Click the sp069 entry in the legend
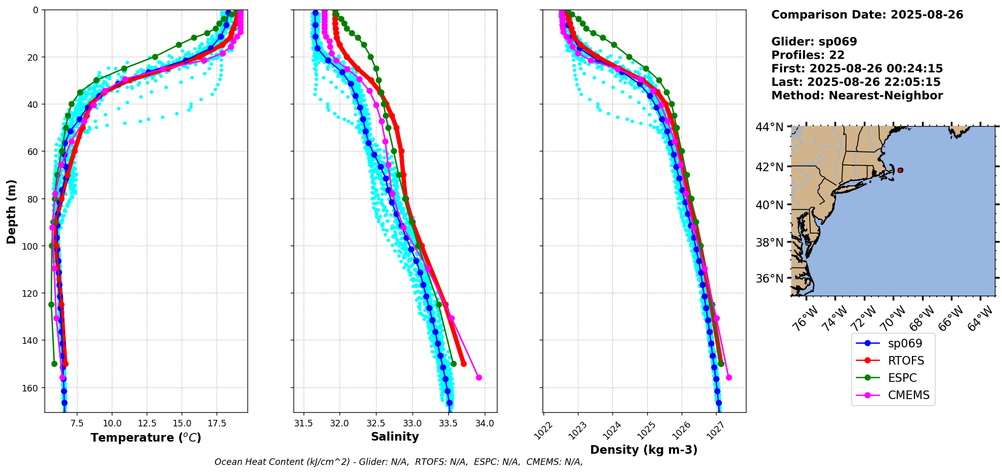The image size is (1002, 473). pyautogui.click(x=905, y=343)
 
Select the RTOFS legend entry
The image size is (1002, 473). pyautogui.click(x=906, y=361)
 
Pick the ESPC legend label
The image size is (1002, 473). pyautogui.click(x=902, y=378)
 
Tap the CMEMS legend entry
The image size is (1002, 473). pyautogui.click(x=908, y=395)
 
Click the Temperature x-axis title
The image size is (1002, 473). pyautogui.click(x=146, y=438)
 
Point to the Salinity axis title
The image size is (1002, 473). pyautogui.click(x=395, y=437)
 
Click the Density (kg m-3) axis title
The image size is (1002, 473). pyautogui.click(x=644, y=450)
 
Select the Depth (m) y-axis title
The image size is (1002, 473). pyautogui.click(x=11, y=211)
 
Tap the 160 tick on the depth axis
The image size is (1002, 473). pyautogui.click(x=31, y=388)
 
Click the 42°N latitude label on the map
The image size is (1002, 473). pyautogui.click(x=769, y=167)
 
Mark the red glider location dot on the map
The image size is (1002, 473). pyautogui.click(x=900, y=170)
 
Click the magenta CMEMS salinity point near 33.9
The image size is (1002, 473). pyautogui.click(x=479, y=377)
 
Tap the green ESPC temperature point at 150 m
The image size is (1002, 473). pyautogui.click(x=54, y=364)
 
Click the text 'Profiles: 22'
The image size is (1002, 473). pyautogui.click(x=808, y=55)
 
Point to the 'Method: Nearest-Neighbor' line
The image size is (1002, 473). pyautogui.click(x=857, y=96)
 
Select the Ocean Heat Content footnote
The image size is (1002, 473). pyautogui.click(x=398, y=462)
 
